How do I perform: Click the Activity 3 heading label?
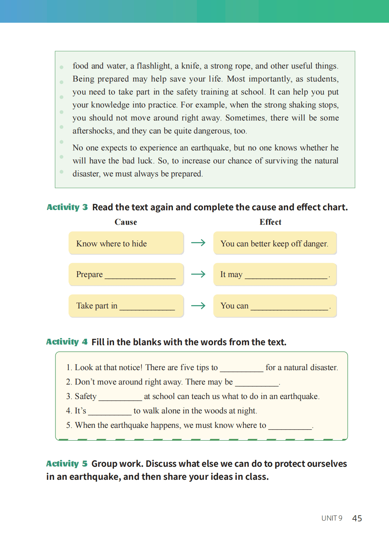coord(67,207)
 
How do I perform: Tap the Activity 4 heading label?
coord(67,342)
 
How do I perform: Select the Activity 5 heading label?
coord(67,464)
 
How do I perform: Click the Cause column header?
coord(126,222)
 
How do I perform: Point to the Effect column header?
coord(270,222)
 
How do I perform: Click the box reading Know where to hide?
coord(126,244)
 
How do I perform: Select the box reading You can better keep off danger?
coord(275,244)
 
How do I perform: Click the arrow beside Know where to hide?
coord(198,243)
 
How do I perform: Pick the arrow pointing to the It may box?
coord(198,274)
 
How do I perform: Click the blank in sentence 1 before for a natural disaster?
coord(242,370)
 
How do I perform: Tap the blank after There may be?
coord(256,385)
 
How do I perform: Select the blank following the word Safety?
coord(120,399)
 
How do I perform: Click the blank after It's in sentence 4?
coord(110,413)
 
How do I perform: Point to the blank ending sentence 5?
coord(290,428)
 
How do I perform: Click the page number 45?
coord(357,518)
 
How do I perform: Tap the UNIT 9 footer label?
coord(332,518)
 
